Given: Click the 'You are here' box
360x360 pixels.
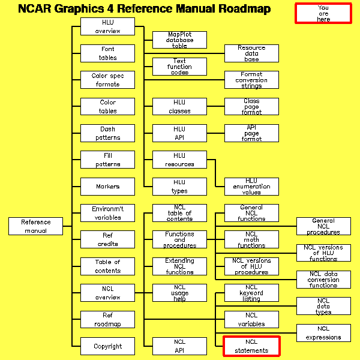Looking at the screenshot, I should coord(323,13).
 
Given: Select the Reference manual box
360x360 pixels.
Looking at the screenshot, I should coord(36,226).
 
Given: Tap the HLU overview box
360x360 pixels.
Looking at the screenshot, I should coord(107,26).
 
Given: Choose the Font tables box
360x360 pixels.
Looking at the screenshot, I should coord(107,53).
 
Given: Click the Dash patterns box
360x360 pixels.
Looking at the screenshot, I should coord(107,133).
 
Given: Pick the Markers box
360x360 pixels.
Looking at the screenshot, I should coord(107,187).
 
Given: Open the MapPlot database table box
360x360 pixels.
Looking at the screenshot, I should coord(179,40).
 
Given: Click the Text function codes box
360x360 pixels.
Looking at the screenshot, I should coord(179,67).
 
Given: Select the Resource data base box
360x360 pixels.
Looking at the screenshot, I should coord(251,53).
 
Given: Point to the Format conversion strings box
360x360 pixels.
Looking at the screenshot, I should coord(251,80).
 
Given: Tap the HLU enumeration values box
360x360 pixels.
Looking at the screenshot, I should coord(251,187).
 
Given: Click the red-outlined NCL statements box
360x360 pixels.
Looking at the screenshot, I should coord(251,346).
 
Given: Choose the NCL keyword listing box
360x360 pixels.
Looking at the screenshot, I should coord(251,293).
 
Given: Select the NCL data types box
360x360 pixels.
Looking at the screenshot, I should coord(323,306).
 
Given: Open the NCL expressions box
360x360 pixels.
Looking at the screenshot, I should coord(323,333).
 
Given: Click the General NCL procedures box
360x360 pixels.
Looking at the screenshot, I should coord(323,226).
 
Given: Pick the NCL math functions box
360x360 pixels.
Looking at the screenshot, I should coord(251,239).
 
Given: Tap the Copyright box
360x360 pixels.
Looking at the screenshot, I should coord(107,346).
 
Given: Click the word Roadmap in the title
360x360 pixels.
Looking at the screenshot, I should coord(239,9).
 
